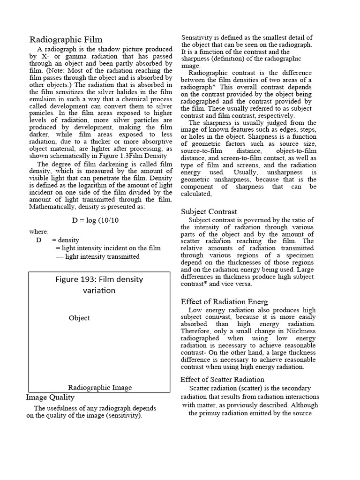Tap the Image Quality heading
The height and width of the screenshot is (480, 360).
tap(50, 397)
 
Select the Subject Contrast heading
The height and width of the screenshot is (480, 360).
tap(209, 211)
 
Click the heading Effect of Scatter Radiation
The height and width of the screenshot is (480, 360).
tap(222, 379)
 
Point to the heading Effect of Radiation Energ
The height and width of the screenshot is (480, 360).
tap(224, 301)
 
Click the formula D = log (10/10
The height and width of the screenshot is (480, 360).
tap(96, 220)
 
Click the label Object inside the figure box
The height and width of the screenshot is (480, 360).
tap(79, 318)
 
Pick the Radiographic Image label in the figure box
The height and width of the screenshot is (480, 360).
tap(100, 387)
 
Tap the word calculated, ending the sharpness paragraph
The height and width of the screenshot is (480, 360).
tap(196, 194)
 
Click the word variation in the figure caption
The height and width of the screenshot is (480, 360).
tap(99, 291)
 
